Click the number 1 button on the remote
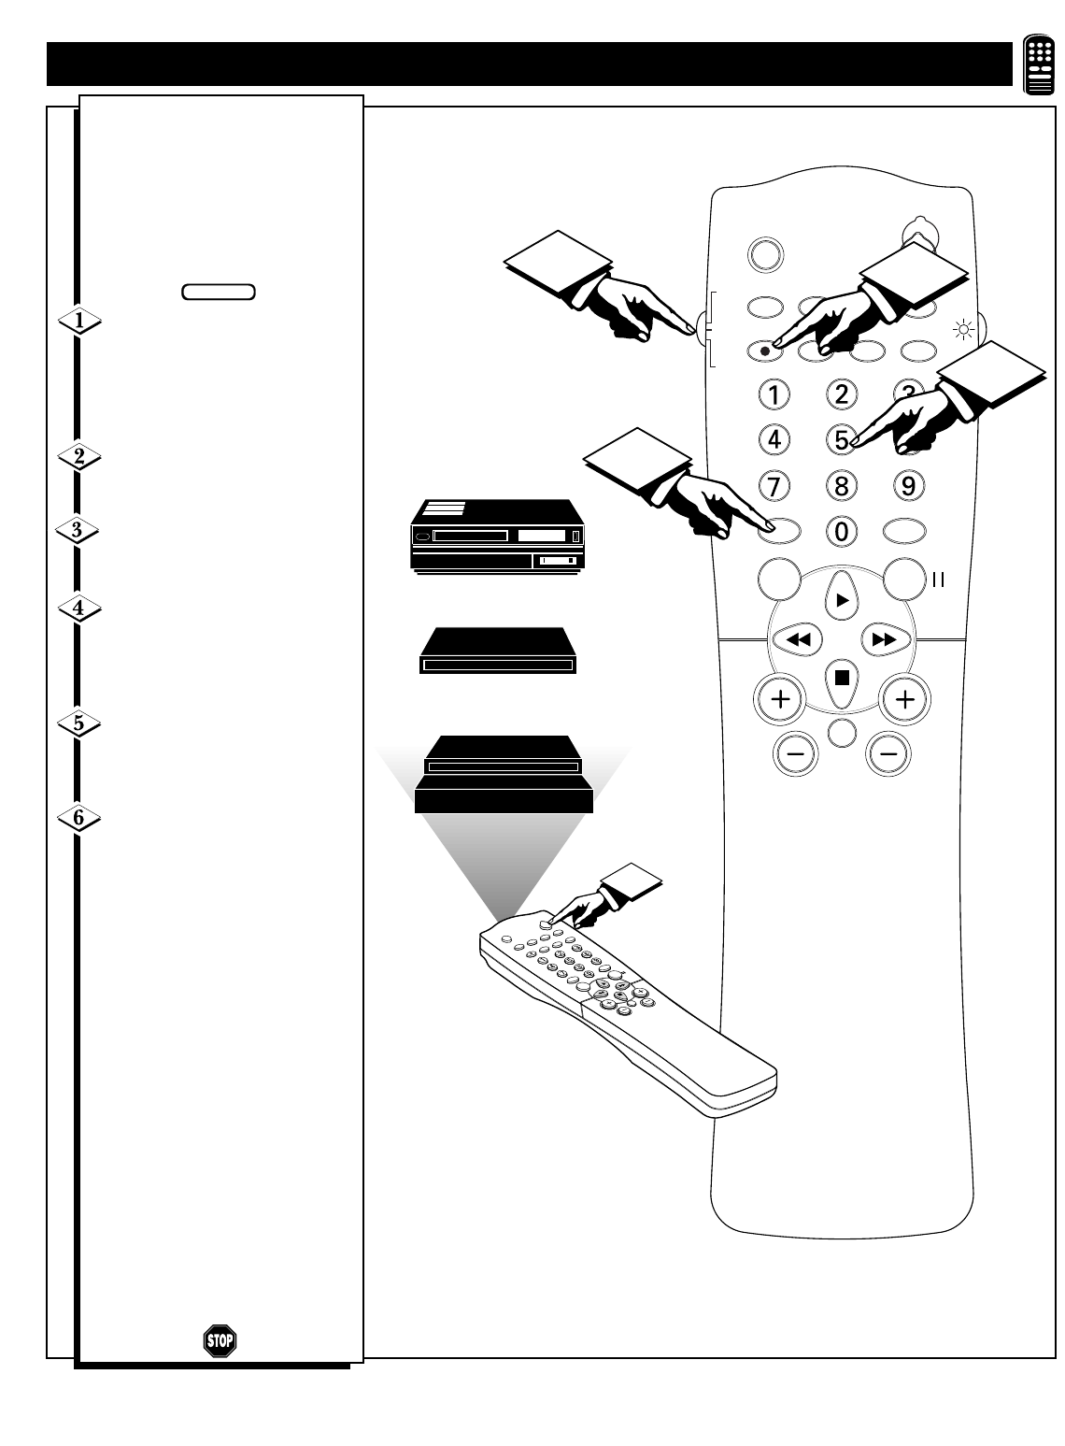pos(774,394)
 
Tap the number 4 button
pos(774,438)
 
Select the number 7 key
pos(774,485)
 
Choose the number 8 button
pos(842,485)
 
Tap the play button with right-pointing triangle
pos(842,601)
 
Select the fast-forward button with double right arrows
pos(884,640)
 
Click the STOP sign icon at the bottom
pos(220,1340)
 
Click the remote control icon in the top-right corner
pos(1039,64)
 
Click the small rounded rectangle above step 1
pos(219,292)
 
